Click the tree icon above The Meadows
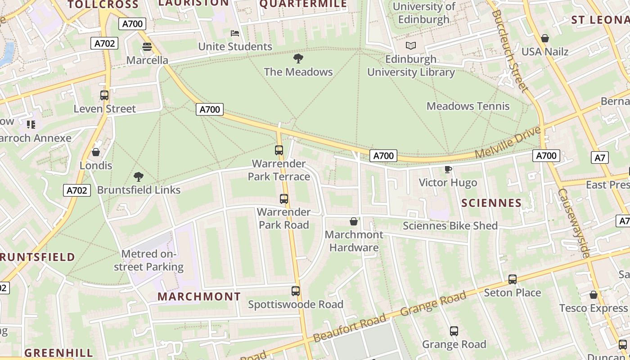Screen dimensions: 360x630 pos(298,58)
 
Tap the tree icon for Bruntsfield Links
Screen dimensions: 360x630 pos(139,176)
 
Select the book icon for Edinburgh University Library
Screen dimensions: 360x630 pos(411,45)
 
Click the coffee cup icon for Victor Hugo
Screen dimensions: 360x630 pos(448,169)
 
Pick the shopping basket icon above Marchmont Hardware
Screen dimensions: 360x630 pos(354,221)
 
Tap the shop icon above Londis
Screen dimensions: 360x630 pos(96,152)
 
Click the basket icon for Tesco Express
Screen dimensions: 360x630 pos(594,295)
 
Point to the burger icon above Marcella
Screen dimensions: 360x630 pos(147,47)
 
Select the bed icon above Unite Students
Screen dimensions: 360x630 pos(235,33)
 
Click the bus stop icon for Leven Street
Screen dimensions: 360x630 pos(104,95)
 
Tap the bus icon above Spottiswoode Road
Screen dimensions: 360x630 pos(296,291)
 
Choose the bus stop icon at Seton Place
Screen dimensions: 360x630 pos(513,279)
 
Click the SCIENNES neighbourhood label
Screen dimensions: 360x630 pos(491,203)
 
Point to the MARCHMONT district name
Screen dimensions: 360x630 pos(199,297)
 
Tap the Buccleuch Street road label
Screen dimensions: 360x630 pos(510,50)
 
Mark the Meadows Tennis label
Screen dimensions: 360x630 pos(468,106)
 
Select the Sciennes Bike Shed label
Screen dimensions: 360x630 pos(450,226)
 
